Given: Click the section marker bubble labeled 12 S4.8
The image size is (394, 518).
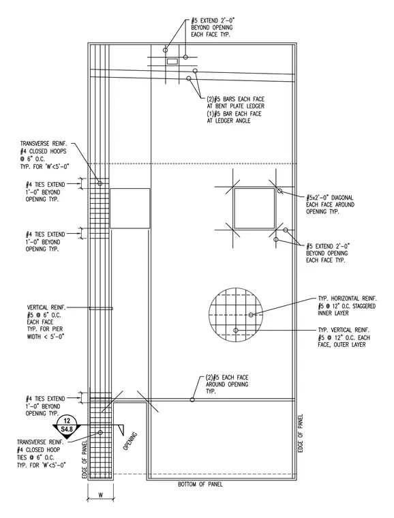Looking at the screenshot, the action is click(x=67, y=425).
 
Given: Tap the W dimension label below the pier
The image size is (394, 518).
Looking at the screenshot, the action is click(x=100, y=495).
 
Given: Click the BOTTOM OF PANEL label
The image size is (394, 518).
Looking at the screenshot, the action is click(x=200, y=485).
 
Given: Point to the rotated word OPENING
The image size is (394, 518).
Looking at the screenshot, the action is click(x=130, y=442).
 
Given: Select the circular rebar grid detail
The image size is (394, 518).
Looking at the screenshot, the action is click(x=236, y=314).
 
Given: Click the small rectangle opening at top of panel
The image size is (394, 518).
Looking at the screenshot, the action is click(x=172, y=61).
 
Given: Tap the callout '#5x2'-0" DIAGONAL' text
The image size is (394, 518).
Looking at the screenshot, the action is click(x=330, y=198).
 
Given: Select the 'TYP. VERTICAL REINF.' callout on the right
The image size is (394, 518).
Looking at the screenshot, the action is click(x=344, y=337).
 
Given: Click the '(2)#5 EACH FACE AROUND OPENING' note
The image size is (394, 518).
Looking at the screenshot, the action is click(x=227, y=384).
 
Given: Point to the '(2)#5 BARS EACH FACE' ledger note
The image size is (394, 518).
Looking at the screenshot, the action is click(x=235, y=102).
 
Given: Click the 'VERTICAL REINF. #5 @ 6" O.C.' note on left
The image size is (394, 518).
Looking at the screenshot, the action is click(x=46, y=322).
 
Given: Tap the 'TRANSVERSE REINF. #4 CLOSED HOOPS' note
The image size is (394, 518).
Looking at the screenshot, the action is click(x=45, y=155).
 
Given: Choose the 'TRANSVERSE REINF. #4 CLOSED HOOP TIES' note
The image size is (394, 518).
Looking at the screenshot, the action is click(x=42, y=453).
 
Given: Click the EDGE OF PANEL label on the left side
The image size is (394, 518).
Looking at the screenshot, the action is click(x=85, y=459).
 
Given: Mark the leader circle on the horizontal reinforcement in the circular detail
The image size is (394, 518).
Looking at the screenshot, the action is click(x=251, y=315).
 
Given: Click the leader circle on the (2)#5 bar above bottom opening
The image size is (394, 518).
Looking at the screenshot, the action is click(x=192, y=399).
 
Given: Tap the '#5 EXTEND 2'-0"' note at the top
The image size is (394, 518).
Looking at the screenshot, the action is click(x=213, y=27).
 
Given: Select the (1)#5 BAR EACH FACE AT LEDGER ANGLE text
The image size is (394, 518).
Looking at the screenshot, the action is click(x=234, y=117).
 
